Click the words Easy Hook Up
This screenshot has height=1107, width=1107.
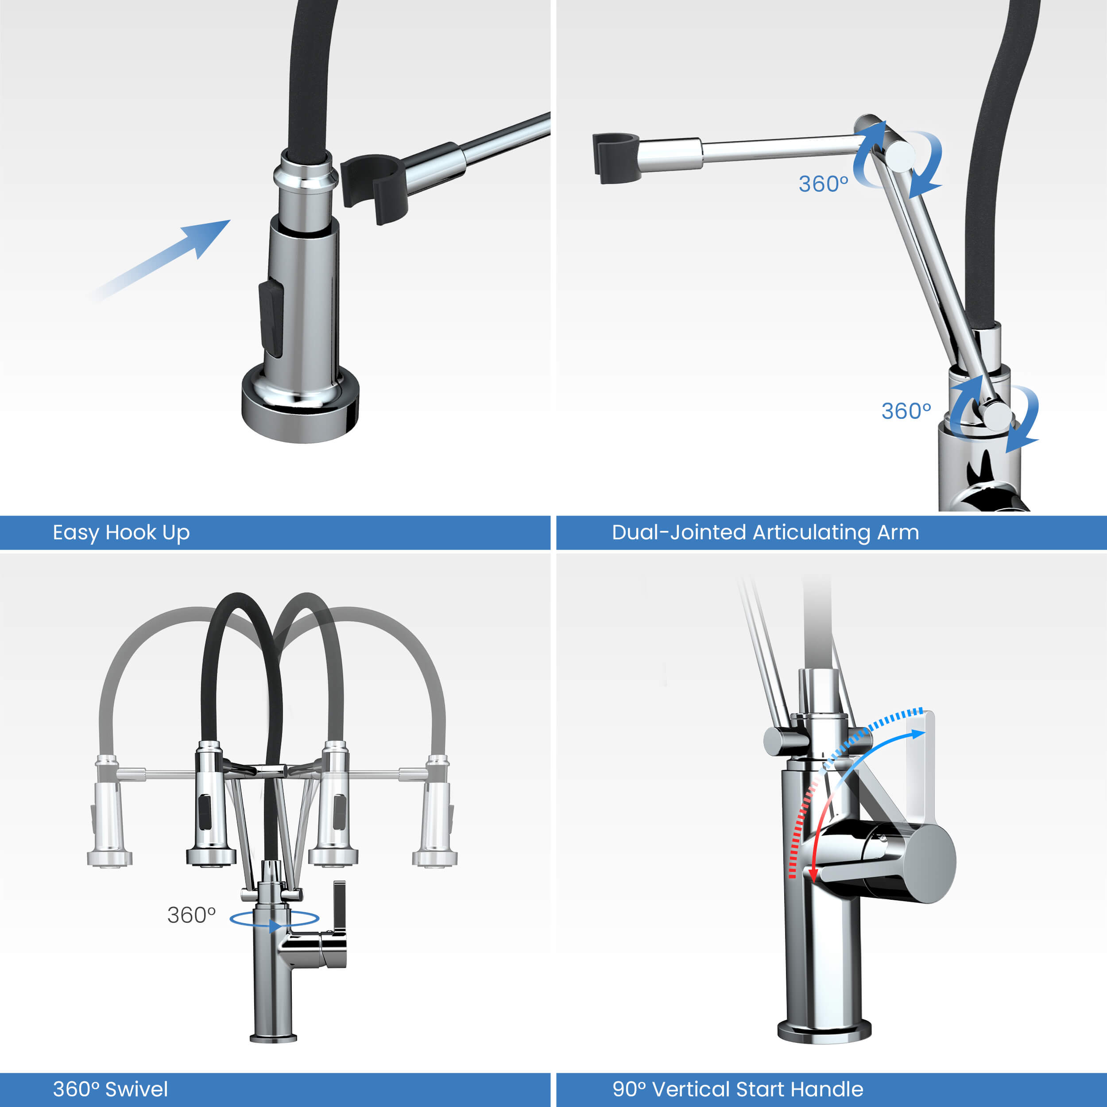pos(121,533)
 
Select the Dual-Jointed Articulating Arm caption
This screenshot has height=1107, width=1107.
pos(766,533)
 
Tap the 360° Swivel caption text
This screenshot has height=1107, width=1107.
pos(111,1089)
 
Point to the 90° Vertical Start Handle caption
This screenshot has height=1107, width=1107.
pos(738,1089)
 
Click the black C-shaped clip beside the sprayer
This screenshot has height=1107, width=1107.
pos(374,187)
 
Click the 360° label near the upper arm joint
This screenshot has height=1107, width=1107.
pos(823,184)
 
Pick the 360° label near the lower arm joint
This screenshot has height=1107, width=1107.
pos(906,411)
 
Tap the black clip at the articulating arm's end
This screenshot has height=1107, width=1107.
pos(615,158)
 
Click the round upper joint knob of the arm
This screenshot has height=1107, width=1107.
pos(900,156)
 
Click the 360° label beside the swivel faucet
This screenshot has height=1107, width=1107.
pos(191,915)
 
